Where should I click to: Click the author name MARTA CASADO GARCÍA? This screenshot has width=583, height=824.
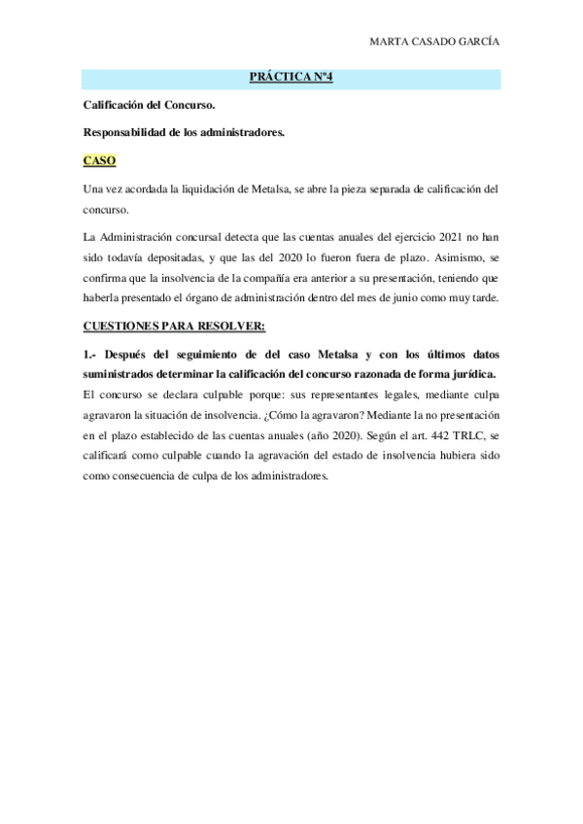442,42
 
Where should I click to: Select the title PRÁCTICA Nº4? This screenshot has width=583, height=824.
291,78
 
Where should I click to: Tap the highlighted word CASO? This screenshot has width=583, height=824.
99,160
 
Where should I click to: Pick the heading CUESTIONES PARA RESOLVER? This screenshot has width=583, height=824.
169,326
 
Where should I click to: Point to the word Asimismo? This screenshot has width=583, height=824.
442,257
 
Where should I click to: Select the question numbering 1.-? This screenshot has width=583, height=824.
91,354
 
